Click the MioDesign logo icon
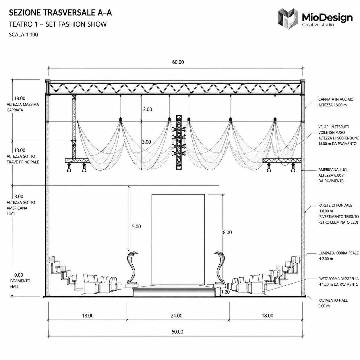pos(288,19)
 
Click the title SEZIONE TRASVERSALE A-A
pos(61,13)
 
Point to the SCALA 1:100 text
pos(23,34)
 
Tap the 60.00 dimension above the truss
pos(178,62)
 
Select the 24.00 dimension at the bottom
pos(177,316)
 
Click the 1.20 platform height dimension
pos(225,292)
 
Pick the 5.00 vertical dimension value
pos(136,227)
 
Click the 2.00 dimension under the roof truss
pos(148,109)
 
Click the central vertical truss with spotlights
pos(179,142)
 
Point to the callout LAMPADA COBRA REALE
pos(338,253)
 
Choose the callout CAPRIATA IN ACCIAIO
pos(336,99)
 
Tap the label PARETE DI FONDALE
pos(335,206)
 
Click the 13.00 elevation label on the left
pos(20,150)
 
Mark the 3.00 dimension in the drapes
pos(146,142)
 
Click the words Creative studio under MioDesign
pos(318,25)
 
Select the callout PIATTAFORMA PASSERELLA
pos(338,279)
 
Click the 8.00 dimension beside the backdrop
pos(227,233)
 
